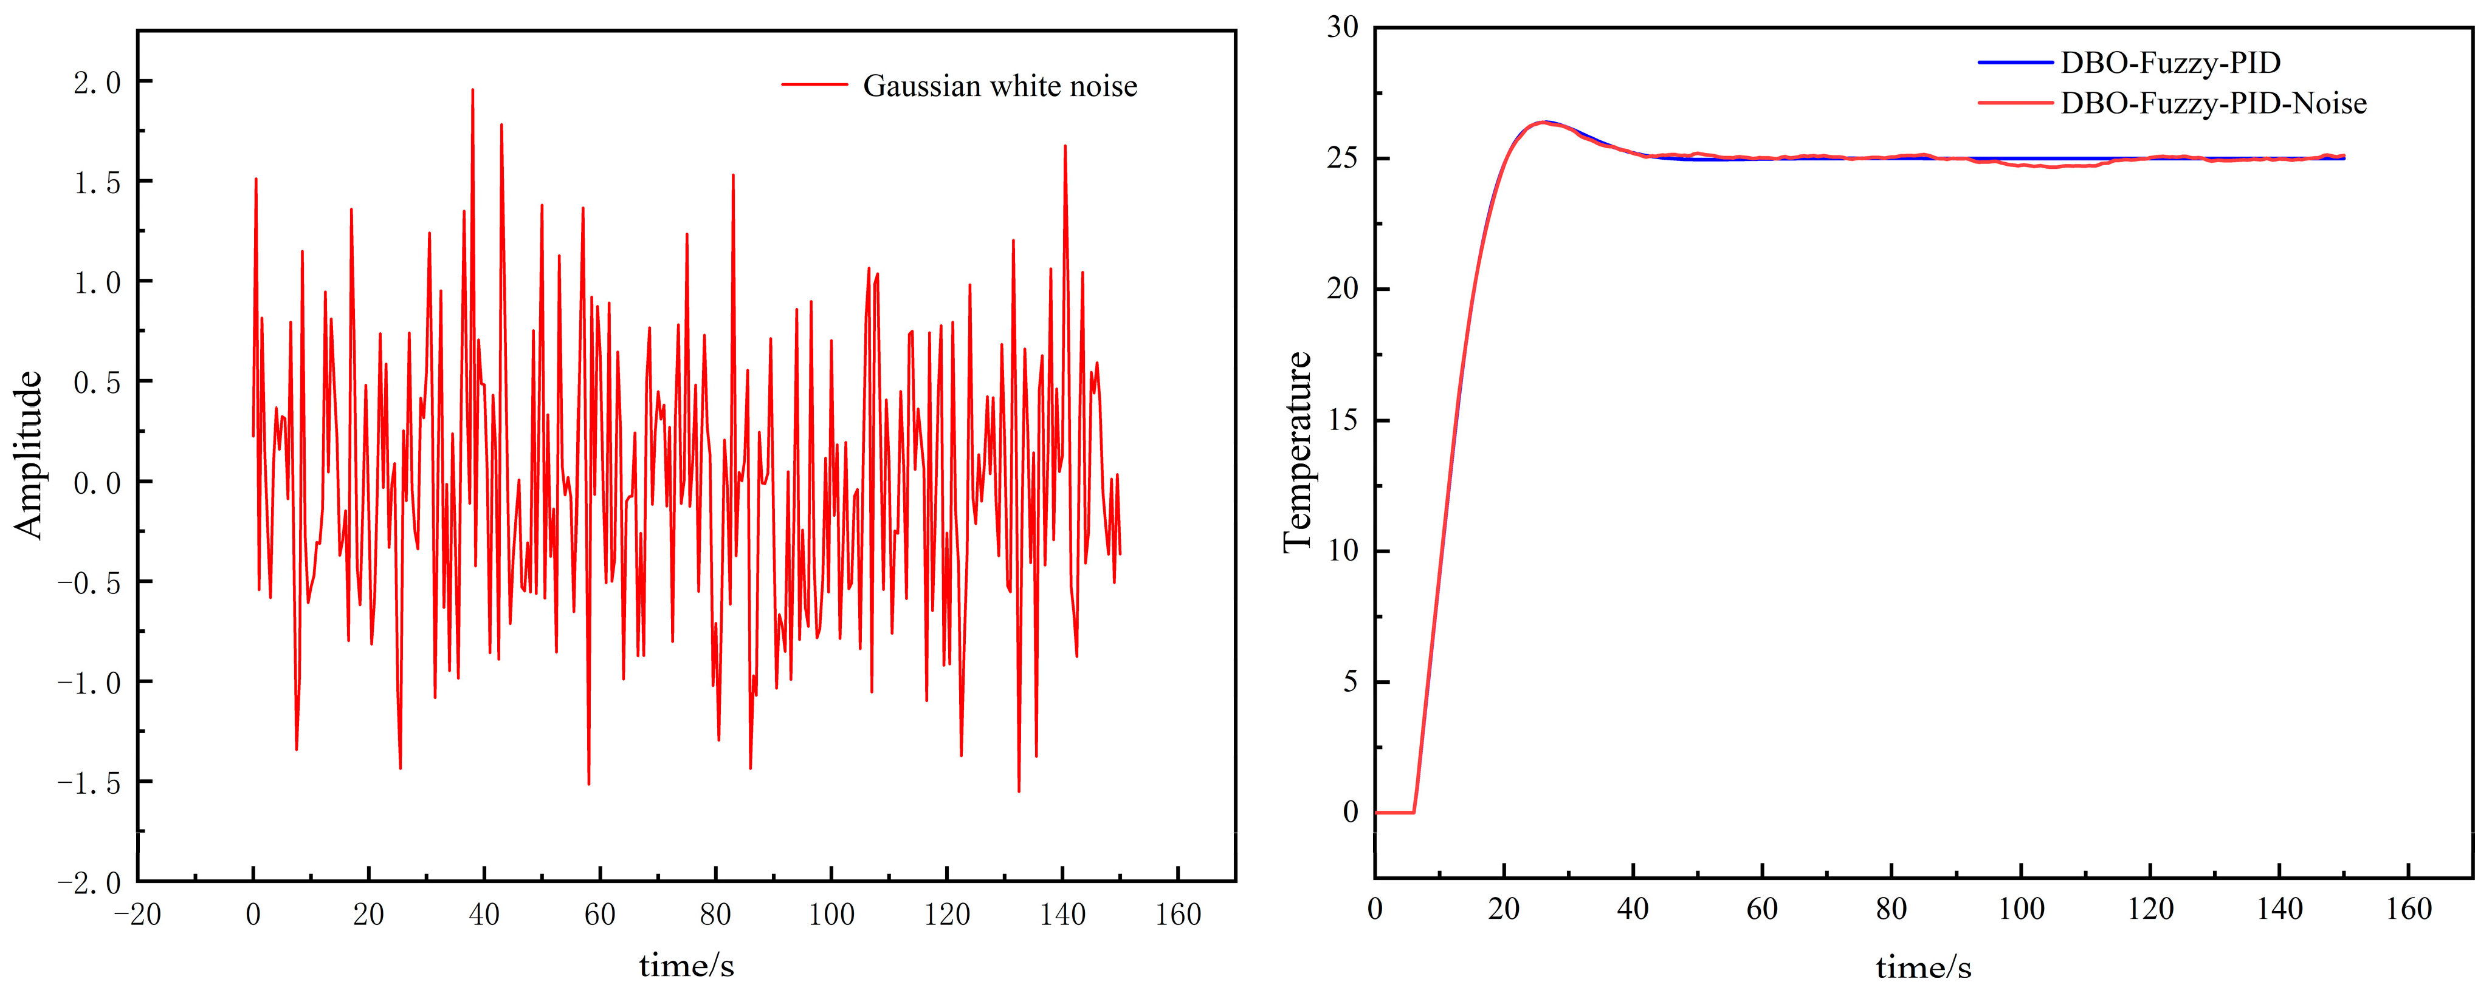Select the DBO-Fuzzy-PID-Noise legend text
pos(2214,103)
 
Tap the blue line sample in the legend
pos(2015,63)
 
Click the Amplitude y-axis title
pos(29,454)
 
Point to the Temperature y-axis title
pos(1297,452)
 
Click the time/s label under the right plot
pos(1923,967)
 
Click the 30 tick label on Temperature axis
pos(1342,27)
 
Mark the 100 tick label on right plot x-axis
pos(2021,909)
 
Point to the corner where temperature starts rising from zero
pos(1414,812)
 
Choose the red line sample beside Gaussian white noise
pos(814,85)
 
